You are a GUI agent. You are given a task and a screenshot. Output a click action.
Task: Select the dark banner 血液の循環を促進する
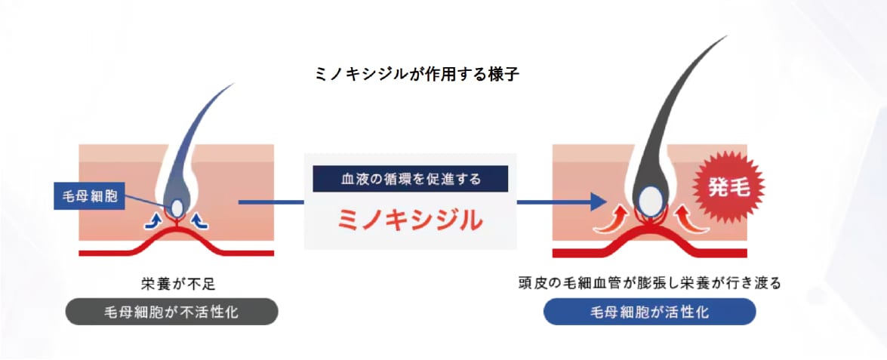point(411,179)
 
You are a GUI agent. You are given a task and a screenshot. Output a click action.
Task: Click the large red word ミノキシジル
point(410,220)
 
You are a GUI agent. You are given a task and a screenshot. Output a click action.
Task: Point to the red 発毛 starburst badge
point(729,187)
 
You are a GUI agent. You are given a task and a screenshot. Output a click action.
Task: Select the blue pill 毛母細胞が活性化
point(649,312)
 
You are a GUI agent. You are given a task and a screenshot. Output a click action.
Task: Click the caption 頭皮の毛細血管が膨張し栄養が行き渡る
point(649,283)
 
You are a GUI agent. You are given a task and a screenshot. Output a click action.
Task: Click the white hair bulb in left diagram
point(177,208)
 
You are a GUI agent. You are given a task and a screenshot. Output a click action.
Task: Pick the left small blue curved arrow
point(152,221)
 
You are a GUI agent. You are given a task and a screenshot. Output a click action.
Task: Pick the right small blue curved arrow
point(199,221)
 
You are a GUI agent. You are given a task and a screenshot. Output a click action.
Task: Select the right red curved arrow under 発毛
point(690,220)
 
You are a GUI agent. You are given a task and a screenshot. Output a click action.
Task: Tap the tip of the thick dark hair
point(726,36)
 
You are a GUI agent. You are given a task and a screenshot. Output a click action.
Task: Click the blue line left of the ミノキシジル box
point(271,202)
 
